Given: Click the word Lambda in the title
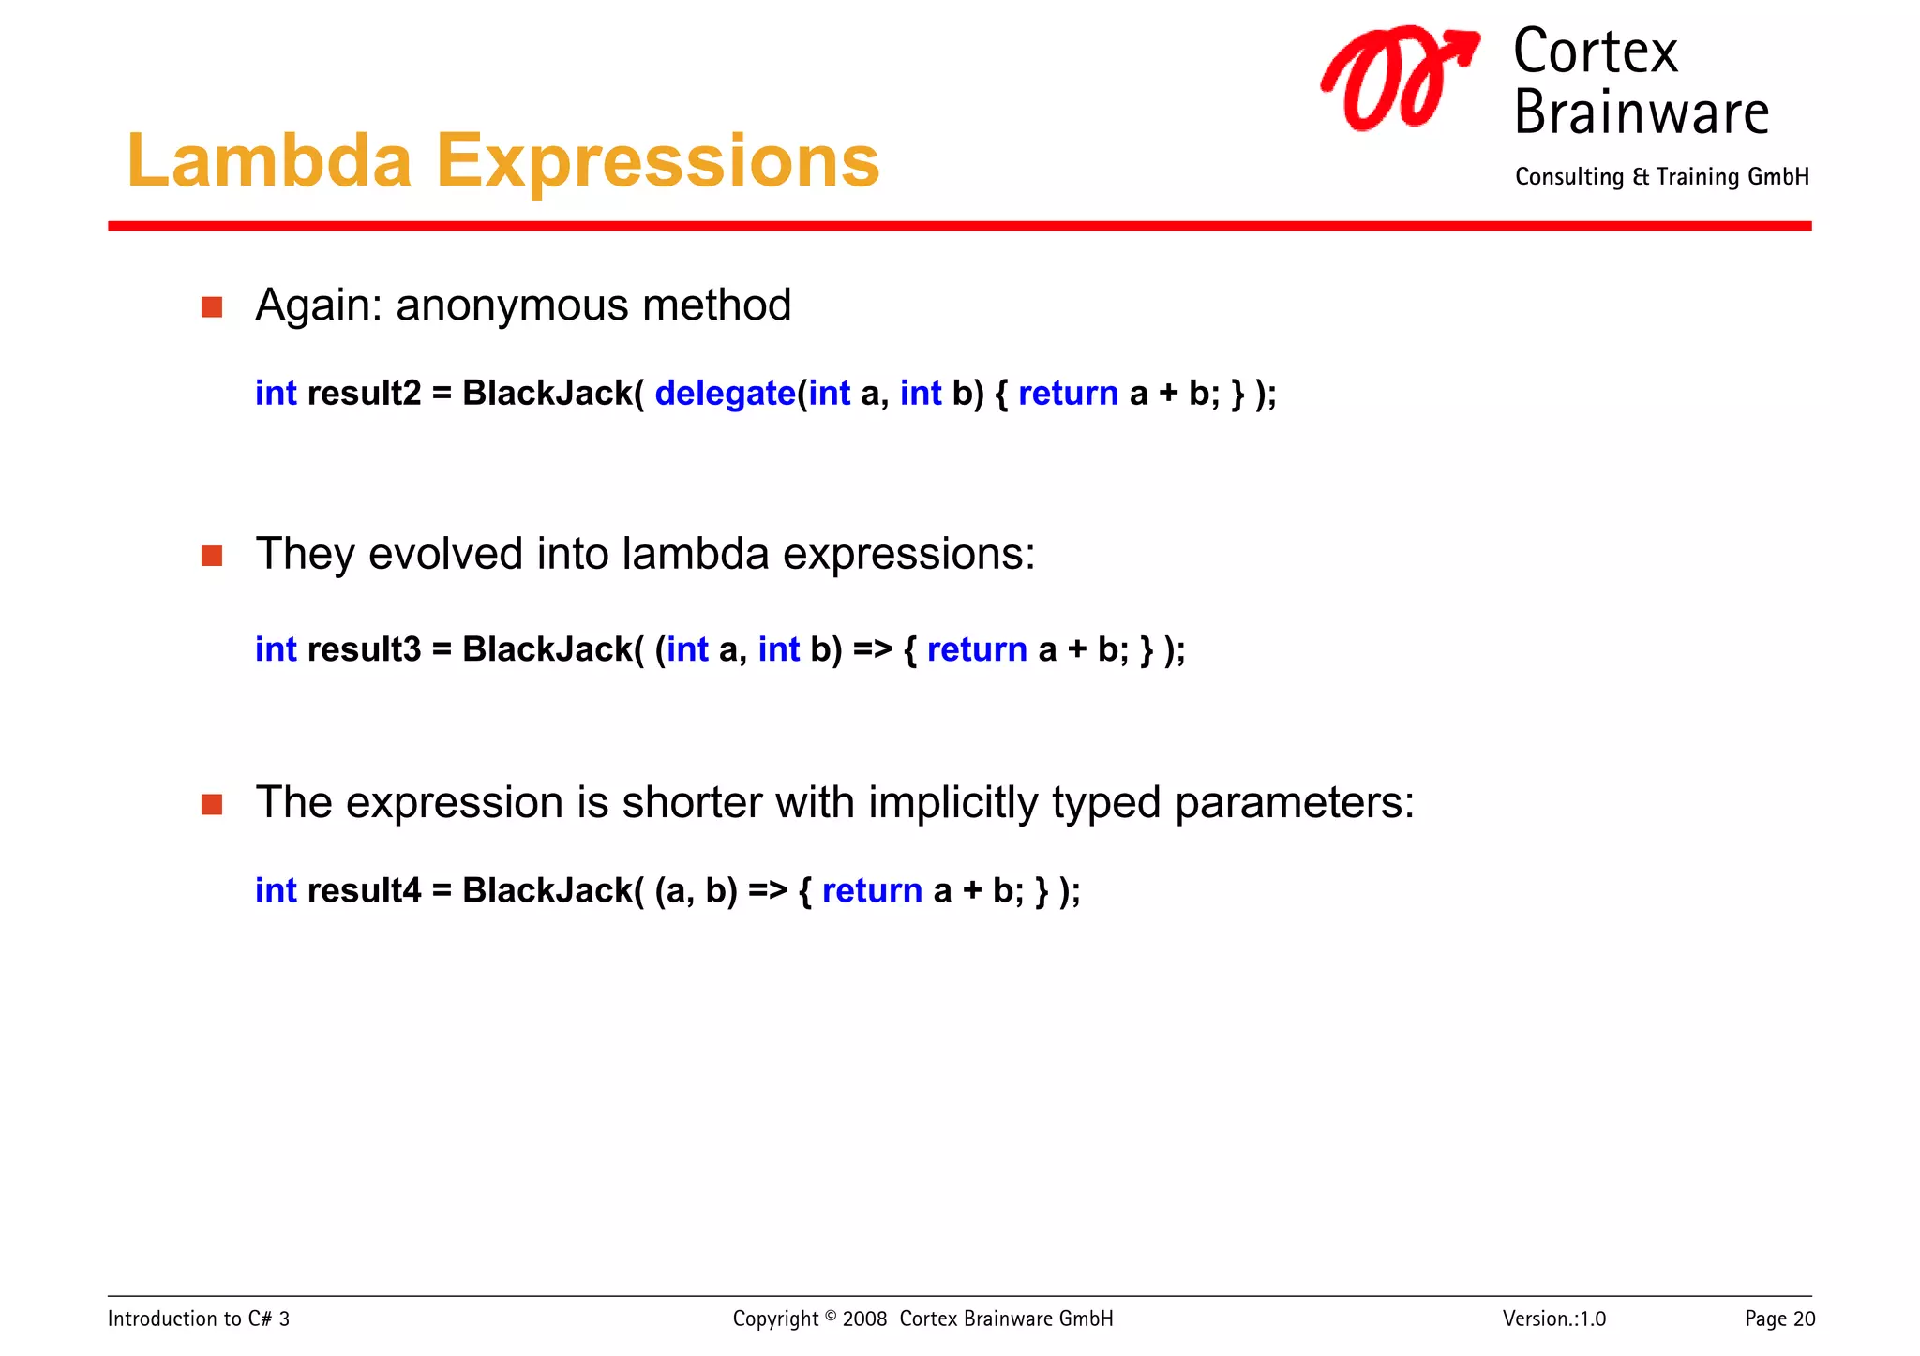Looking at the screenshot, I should click(269, 161).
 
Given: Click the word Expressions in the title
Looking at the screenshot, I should click(657, 161).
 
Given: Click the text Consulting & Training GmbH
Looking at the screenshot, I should click(1661, 177).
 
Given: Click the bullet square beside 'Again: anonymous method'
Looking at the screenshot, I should click(212, 307).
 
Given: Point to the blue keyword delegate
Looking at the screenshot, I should click(725, 394).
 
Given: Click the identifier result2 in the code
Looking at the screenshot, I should click(364, 394).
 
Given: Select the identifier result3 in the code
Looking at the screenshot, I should click(364, 649).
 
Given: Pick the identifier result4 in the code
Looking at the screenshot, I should click(364, 890).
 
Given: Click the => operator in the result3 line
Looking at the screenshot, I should click(872, 649).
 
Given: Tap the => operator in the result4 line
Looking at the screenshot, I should click(767, 890).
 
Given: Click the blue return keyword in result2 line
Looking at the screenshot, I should click(1068, 394).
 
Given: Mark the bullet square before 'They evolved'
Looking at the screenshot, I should click(212, 557).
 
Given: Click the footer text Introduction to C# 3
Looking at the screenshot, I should click(199, 1319).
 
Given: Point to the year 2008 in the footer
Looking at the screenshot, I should click(864, 1319).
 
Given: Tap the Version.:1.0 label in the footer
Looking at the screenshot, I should click(1553, 1319).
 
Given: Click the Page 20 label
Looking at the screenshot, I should click(1778, 1319).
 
